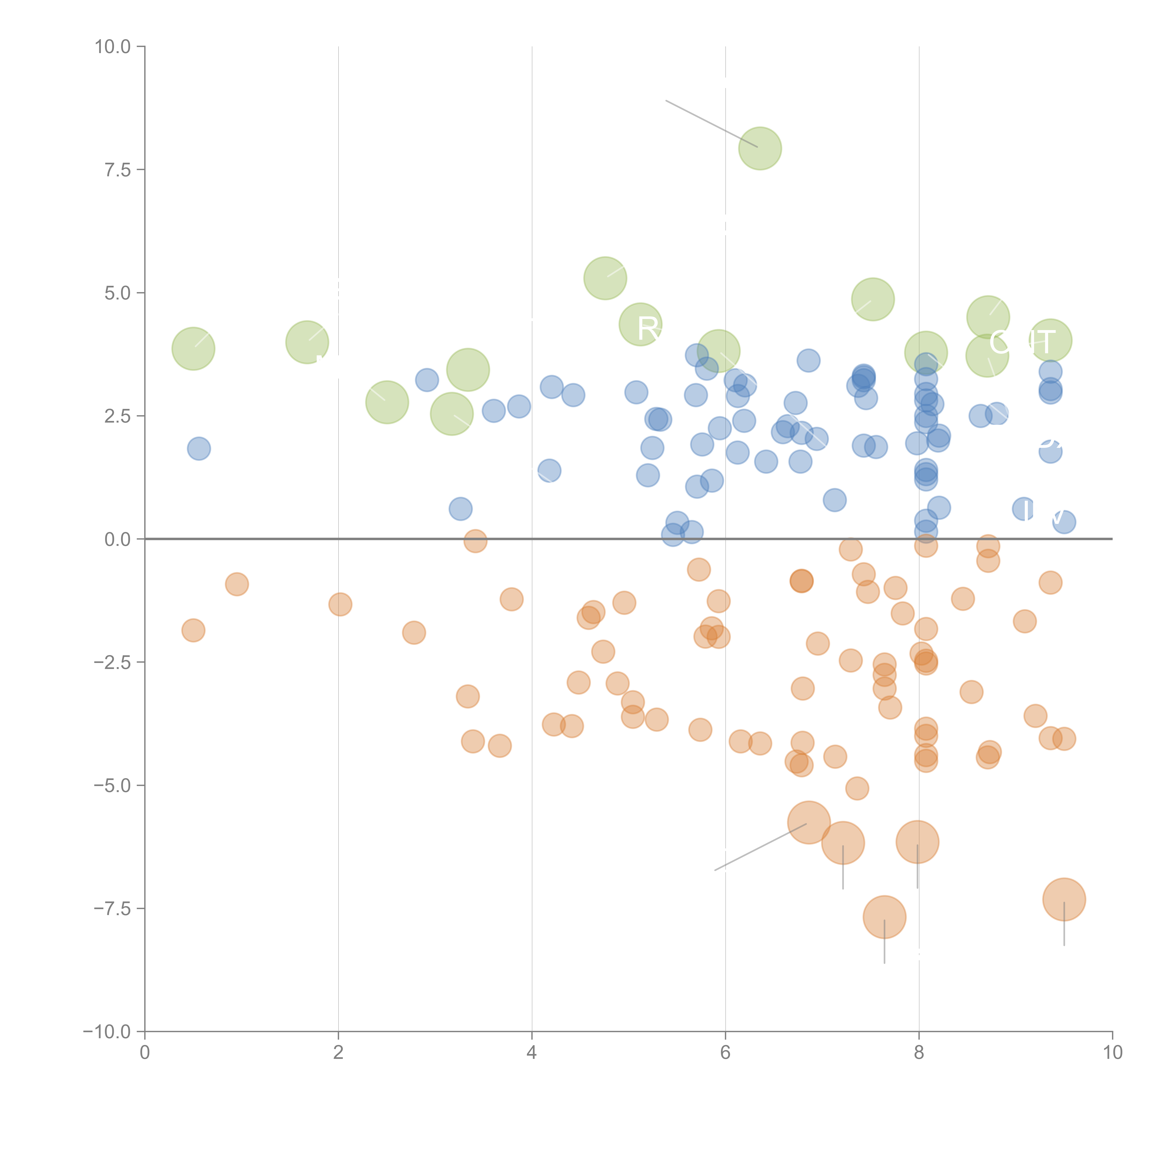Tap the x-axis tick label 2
coord(338,1053)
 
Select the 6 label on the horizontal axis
coord(725,1053)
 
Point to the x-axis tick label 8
coord(919,1053)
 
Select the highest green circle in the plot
coord(760,148)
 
